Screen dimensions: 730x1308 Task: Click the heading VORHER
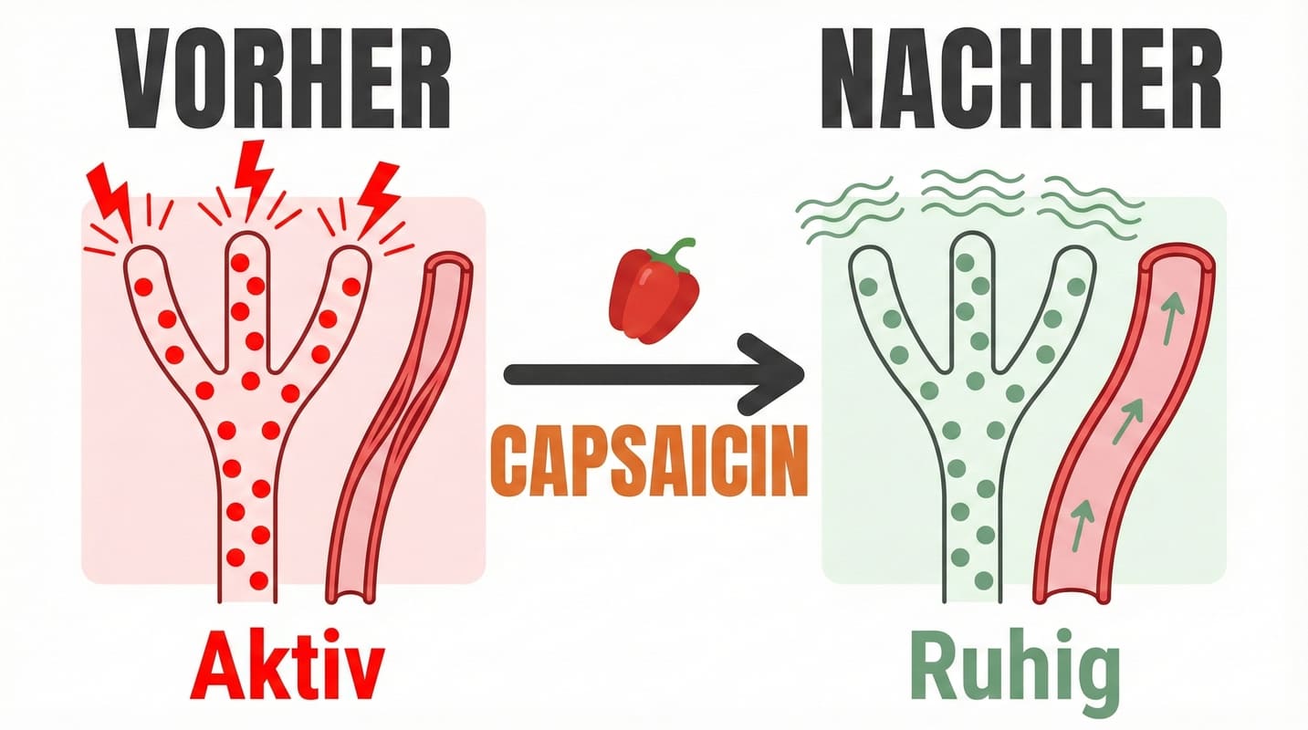click(285, 79)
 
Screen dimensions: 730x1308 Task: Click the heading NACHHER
click(1020, 79)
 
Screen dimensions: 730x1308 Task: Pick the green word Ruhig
click(1015, 673)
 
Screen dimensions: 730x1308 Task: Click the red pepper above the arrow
click(654, 297)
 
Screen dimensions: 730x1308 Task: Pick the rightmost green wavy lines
click(1091, 205)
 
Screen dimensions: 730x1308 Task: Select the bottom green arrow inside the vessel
click(1083, 522)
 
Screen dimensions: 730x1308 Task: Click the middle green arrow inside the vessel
click(1129, 421)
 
